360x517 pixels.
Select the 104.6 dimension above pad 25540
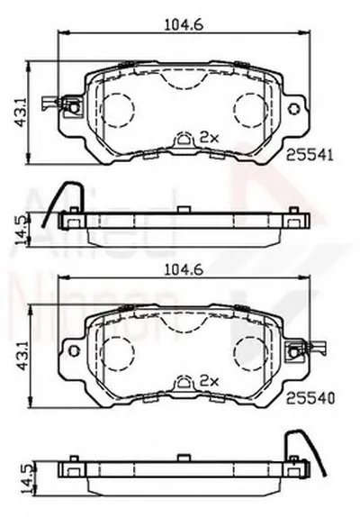click(x=180, y=268)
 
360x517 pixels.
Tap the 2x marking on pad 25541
click(x=210, y=137)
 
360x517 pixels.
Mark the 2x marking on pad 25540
click(x=210, y=380)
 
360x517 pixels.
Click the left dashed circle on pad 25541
click(x=116, y=110)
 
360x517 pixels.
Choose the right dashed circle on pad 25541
click(x=247, y=110)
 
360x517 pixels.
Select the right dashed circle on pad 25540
click(x=247, y=352)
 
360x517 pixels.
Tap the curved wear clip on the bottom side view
click(x=296, y=441)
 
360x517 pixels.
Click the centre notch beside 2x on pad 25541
click(x=184, y=139)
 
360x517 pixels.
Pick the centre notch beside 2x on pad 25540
click(x=184, y=382)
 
